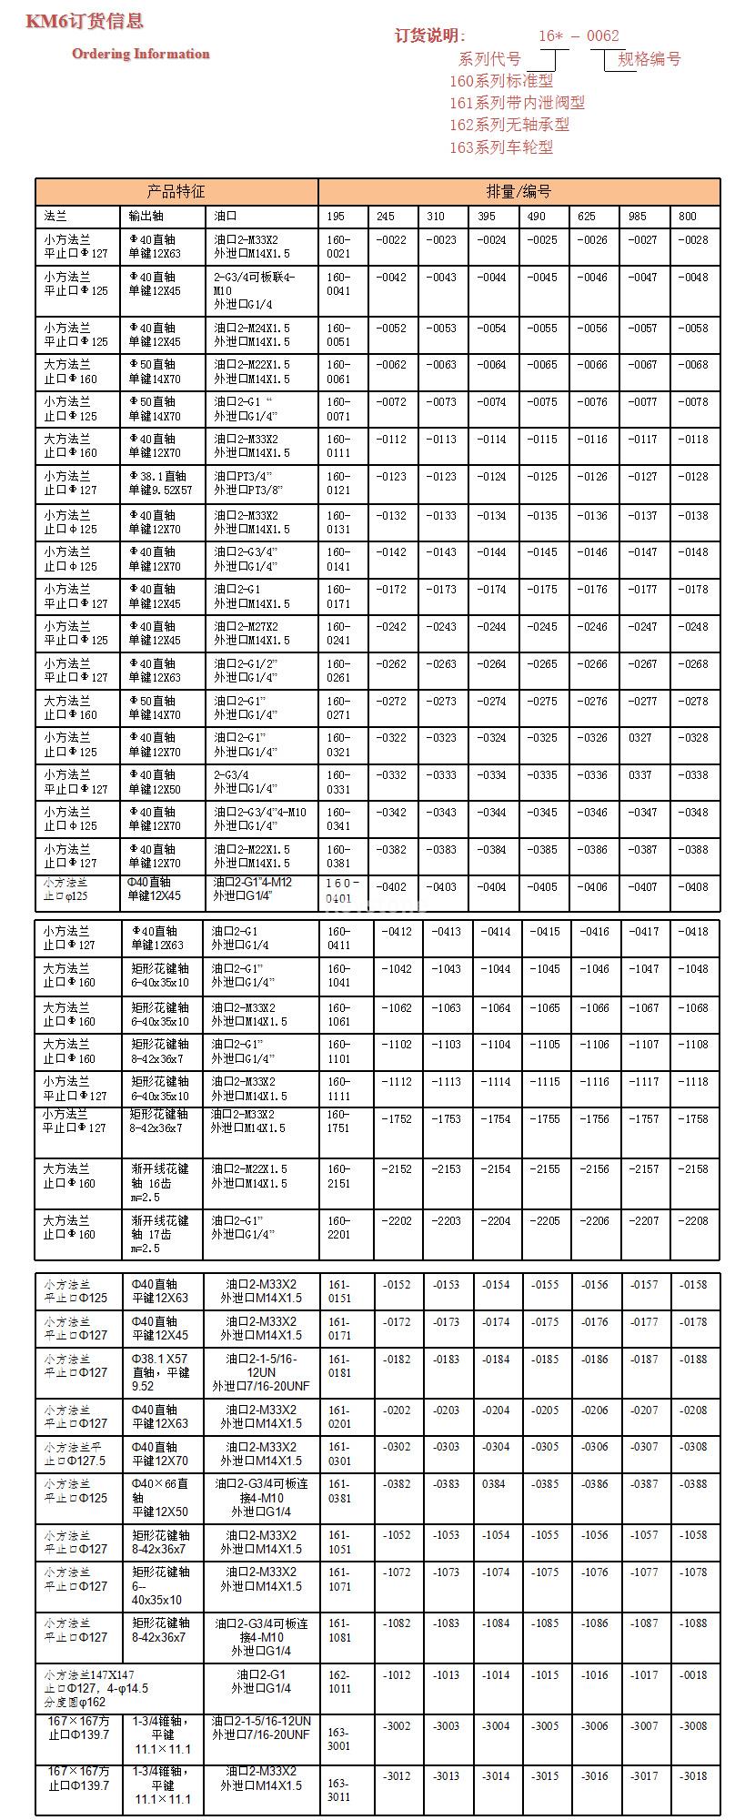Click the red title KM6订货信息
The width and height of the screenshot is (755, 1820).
pos(85,21)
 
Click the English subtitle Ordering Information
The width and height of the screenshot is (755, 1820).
pos(141,54)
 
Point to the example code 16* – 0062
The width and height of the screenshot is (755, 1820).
pos(579,35)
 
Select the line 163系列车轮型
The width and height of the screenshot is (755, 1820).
pos(501,147)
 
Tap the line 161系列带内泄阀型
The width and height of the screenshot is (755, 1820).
pos(517,103)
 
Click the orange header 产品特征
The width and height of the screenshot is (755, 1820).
pos(176,191)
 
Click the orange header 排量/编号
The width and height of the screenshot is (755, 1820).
pos(518,191)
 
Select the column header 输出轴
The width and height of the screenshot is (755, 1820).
pos(146,217)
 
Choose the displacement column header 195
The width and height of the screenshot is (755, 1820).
pos(336,217)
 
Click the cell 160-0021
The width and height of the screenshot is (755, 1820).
pos(338,247)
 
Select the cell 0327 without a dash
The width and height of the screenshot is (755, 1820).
pos(640,738)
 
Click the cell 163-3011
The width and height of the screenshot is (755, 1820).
pos(338,1790)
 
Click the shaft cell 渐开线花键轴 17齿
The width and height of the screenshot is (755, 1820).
pos(159,1234)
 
